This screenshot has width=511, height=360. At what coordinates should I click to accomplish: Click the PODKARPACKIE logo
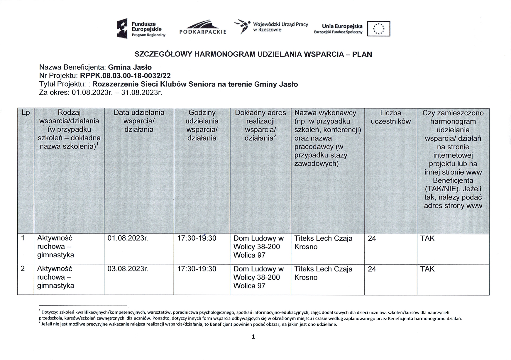pos(203,27)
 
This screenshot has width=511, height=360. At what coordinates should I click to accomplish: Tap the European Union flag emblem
pos(378,29)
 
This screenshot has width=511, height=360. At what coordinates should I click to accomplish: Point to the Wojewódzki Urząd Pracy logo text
pos(280,27)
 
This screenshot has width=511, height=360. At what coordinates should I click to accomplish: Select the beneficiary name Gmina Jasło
pos(130,67)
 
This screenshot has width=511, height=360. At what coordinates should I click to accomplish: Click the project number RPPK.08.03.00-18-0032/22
pos(125,76)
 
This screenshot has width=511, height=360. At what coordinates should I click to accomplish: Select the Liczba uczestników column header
pos(390,117)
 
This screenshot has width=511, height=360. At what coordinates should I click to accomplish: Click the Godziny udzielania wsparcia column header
pos(202,125)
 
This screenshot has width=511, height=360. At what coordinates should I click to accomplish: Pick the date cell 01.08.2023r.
pos(128,238)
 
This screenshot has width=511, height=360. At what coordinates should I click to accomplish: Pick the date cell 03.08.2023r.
pos(128,269)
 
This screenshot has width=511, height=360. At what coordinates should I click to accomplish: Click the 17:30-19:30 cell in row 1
pos(197,238)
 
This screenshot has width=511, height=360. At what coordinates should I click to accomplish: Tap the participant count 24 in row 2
pos(372,269)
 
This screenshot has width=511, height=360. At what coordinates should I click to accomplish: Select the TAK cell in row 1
pos(427,238)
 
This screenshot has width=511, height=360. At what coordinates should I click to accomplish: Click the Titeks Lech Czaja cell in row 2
pos(323,273)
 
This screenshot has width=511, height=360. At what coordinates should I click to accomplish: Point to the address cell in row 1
pos(258,246)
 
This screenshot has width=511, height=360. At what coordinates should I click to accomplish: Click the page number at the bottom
pos(253,337)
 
